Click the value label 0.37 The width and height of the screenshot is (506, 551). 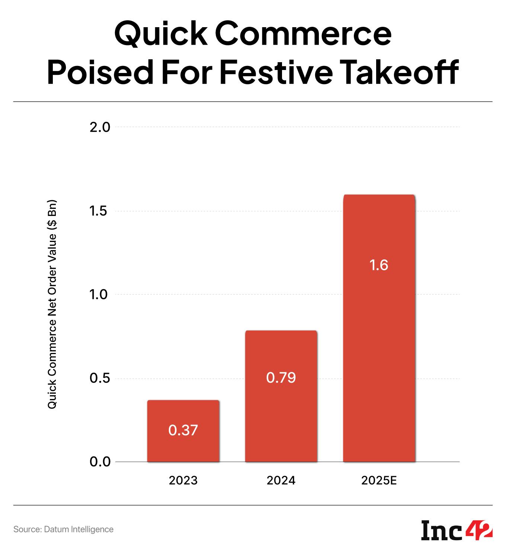[183, 430]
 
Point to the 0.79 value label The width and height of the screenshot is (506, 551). [281, 378]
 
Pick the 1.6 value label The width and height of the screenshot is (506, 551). [379, 265]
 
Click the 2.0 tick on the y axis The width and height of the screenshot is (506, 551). [100, 127]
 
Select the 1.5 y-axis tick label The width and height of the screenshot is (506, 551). [100, 211]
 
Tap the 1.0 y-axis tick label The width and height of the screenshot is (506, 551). [100, 295]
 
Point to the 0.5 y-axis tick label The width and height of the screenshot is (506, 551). [100, 378]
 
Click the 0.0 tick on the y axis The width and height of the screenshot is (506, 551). [100, 462]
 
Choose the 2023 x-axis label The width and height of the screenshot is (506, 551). [183, 481]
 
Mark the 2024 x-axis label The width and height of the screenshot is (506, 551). [281, 481]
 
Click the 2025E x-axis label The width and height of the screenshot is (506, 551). [379, 481]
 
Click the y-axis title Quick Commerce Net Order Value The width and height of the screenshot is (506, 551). [52, 305]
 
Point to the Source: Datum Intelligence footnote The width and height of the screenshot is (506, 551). [63, 529]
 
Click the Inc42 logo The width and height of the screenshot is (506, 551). [457, 529]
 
